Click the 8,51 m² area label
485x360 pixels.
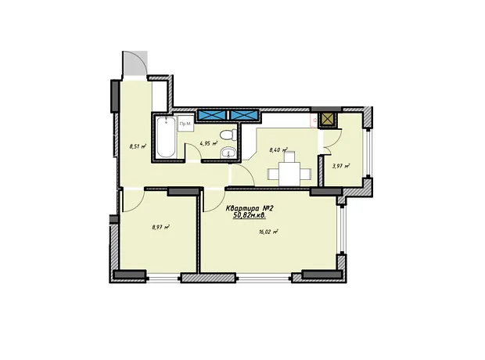click(138, 146)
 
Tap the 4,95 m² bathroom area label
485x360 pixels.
click(209, 143)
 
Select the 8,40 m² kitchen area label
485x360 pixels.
click(278, 150)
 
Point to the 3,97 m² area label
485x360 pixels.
click(341, 166)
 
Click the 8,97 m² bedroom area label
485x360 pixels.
click(161, 227)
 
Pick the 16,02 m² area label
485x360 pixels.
click(268, 231)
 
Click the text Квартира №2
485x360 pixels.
click(250, 208)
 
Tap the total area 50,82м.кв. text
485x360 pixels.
click(250, 215)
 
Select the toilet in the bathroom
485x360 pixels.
click(228, 135)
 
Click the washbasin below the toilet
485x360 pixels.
click(228, 153)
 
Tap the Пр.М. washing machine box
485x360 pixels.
click(186, 124)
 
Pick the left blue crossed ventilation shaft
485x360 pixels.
click(213, 115)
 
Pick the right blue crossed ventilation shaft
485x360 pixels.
click(244, 115)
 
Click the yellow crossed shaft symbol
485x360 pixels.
click(329, 119)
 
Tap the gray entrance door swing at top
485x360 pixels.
click(135, 63)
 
